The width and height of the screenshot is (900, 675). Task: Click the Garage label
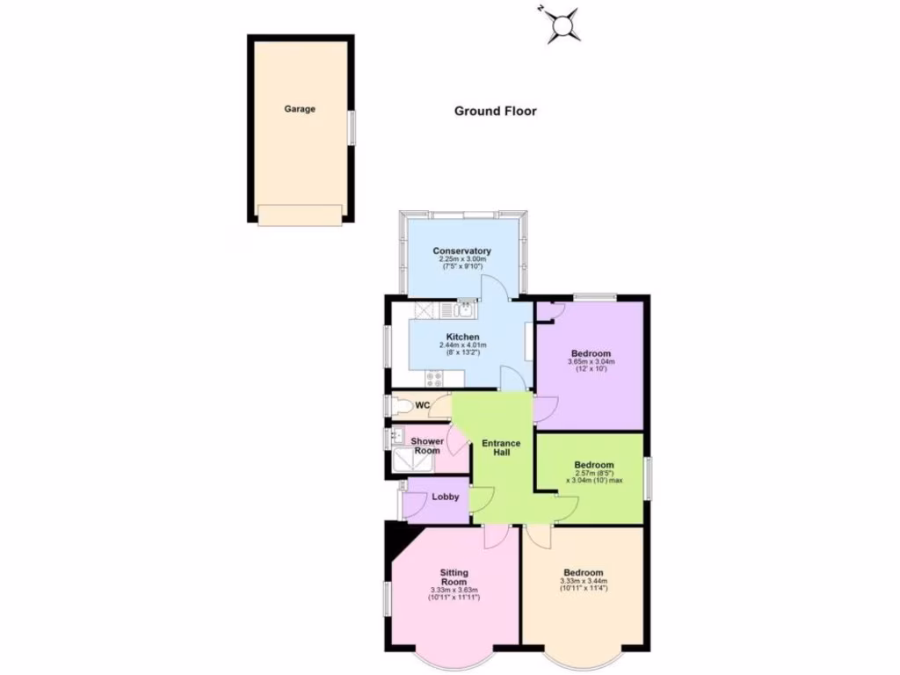pyautogui.click(x=299, y=110)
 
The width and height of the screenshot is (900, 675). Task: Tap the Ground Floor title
pyautogui.click(x=495, y=111)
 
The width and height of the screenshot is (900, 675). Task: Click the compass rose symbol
pyautogui.click(x=562, y=25)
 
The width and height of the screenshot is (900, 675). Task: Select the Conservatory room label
pyautogui.click(x=461, y=251)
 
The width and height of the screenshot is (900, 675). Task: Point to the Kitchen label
pyautogui.click(x=462, y=337)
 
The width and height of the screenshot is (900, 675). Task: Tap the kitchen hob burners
pyautogui.click(x=434, y=379)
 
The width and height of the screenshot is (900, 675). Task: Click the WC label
pyautogui.click(x=422, y=405)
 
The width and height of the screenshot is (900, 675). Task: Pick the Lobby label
pyautogui.click(x=446, y=497)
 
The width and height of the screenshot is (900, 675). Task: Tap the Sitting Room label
pyautogui.click(x=454, y=577)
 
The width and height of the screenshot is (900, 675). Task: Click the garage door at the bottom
pyautogui.click(x=300, y=215)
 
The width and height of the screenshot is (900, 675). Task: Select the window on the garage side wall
pyautogui.click(x=351, y=127)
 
